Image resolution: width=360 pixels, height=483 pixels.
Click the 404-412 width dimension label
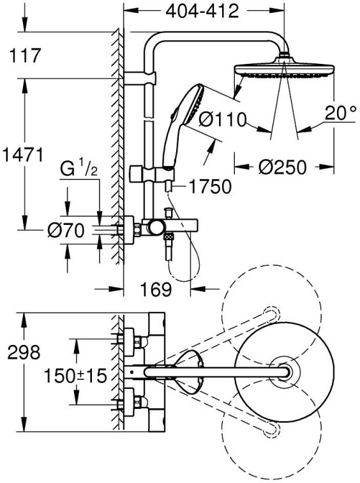pos(202,11)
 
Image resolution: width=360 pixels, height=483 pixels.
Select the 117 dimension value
pos(25,56)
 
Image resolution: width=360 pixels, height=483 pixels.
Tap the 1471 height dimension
pos(22,155)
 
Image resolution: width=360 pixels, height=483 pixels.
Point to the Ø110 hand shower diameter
pos(223,119)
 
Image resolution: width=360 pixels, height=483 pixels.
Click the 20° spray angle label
pos(341,112)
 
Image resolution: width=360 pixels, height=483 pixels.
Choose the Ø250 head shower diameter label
pos(282,167)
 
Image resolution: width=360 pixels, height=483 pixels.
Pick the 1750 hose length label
pos(209,187)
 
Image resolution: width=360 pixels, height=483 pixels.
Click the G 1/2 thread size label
pos(79,169)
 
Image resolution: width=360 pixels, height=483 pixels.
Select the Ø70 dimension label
pos(66,231)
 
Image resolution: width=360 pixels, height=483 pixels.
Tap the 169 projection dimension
pos(156,289)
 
